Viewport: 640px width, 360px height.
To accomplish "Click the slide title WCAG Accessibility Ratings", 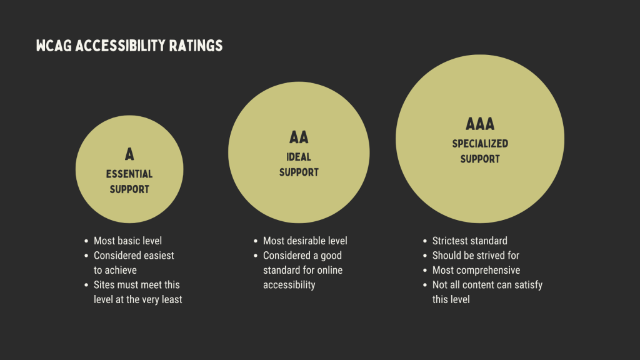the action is click(129, 46).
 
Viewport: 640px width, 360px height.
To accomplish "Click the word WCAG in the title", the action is click(54, 46).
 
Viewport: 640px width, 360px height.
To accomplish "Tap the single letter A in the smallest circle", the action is click(129, 154).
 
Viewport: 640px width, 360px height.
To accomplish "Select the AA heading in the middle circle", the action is click(299, 137).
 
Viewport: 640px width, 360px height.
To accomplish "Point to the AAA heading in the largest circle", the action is click(480, 124).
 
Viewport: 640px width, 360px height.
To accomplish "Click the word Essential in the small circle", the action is click(129, 174).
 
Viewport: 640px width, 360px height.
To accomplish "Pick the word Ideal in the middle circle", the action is click(299, 157).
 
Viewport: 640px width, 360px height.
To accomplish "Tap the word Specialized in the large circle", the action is click(480, 144).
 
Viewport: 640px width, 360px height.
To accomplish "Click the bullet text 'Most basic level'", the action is click(127, 241).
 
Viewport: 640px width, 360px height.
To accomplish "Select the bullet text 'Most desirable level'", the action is click(305, 241).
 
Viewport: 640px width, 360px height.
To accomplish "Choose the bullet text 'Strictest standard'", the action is click(470, 241).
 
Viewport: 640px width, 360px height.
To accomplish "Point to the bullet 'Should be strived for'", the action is click(476, 256).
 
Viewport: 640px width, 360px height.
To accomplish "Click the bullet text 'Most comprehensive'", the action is click(476, 270).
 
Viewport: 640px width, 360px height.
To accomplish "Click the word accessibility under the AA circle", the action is click(289, 285).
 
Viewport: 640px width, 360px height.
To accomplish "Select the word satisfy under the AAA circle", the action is click(529, 285).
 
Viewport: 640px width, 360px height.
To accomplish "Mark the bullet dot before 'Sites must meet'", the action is click(86, 285).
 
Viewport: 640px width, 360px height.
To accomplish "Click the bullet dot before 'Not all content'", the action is click(425, 285).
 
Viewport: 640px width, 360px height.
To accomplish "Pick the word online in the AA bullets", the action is click(330, 270).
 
